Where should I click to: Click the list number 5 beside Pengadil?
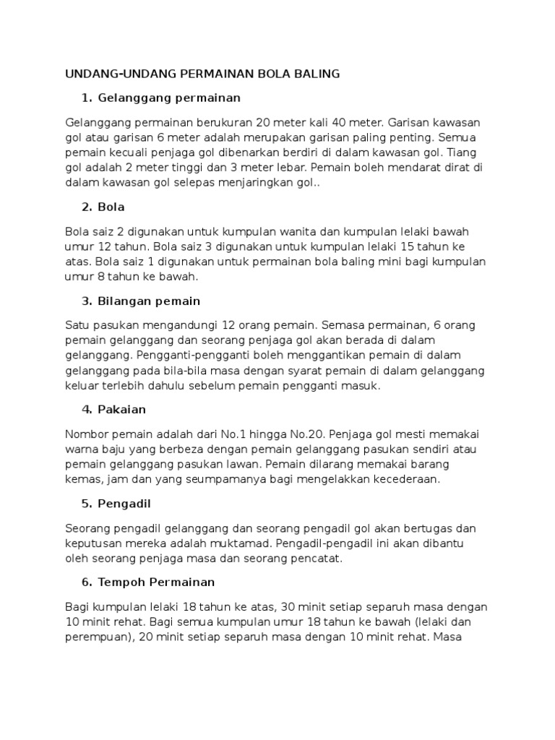[x=87, y=504]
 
